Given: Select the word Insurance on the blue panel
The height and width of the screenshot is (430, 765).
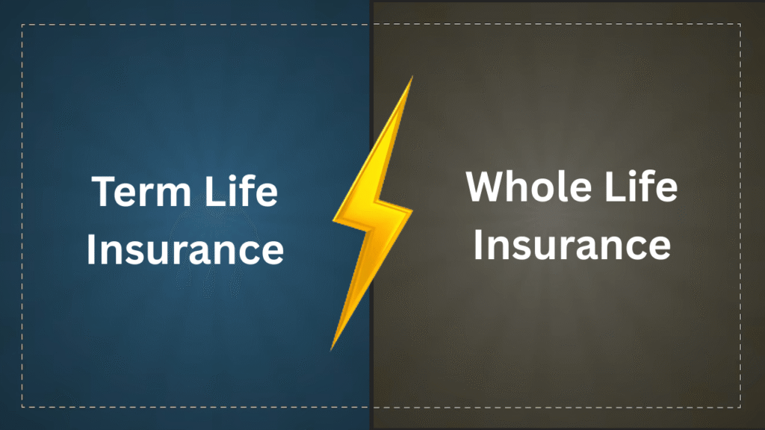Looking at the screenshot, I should click(x=185, y=250).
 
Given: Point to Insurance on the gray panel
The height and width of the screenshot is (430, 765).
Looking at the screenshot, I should click(x=572, y=244).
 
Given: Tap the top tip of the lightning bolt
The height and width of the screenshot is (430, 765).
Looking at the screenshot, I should click(x=412, y=77).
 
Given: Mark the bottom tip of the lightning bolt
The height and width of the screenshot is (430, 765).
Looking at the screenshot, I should click(x=332, y=349).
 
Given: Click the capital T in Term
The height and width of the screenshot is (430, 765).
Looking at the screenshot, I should click(x=104, y=192).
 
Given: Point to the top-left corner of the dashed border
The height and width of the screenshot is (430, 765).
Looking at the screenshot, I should click(x=22, y=25).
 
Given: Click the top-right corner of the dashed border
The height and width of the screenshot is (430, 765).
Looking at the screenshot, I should click(x=741, y=25).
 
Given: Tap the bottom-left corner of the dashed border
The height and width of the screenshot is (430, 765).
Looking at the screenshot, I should click(x=22, y=407).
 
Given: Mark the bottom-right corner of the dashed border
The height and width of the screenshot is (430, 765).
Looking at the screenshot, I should click(x=741, y=407).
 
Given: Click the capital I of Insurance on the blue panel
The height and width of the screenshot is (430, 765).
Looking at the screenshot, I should click(x=91, y=250).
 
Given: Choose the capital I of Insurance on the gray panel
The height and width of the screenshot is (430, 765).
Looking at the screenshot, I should click(x=478, y=244).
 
